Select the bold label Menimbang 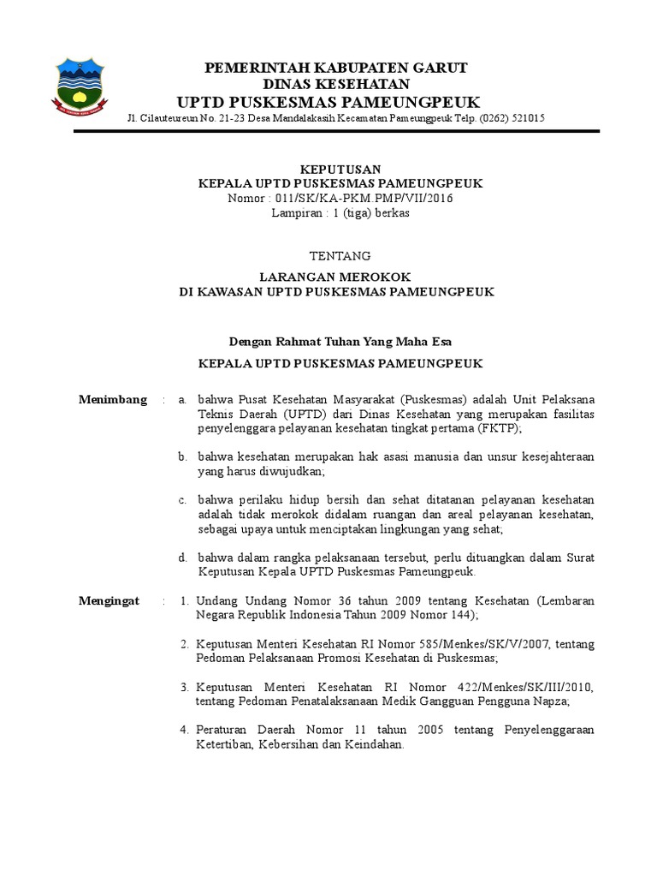point(112,399)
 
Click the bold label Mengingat point(109,601)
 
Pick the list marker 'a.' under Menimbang point(181,400)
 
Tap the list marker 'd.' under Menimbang point(182,558)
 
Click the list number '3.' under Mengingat point(184,687)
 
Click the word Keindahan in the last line point(372,744)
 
